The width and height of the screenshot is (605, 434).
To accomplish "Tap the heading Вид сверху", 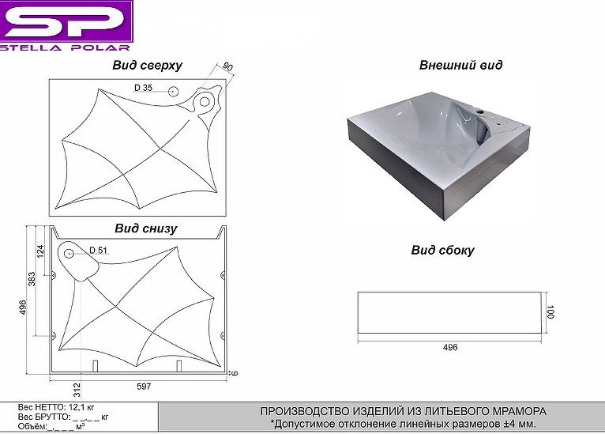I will [x=147, y=66].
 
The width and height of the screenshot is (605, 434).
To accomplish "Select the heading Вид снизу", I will [x=145, y=228].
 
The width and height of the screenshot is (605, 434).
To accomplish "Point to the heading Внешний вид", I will [x=460, y=66].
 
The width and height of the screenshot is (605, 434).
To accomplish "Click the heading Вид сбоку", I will [x=442, y=251].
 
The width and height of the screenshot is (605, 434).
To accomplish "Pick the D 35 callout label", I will [x=143, y=88].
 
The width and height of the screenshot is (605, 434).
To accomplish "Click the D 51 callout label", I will [x=98, y=251].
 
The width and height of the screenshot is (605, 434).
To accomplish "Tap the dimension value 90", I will [x=228, y=68].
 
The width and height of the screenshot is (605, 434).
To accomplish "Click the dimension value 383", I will [x=32, y=279].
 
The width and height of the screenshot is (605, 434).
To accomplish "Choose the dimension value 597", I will [x=143, y=386].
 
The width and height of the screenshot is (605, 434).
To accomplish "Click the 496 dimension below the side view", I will [x=450, y=347].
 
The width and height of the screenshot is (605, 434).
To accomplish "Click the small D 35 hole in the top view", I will [x=171, y=91].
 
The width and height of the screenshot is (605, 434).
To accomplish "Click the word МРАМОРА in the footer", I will [x=517, y=411].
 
